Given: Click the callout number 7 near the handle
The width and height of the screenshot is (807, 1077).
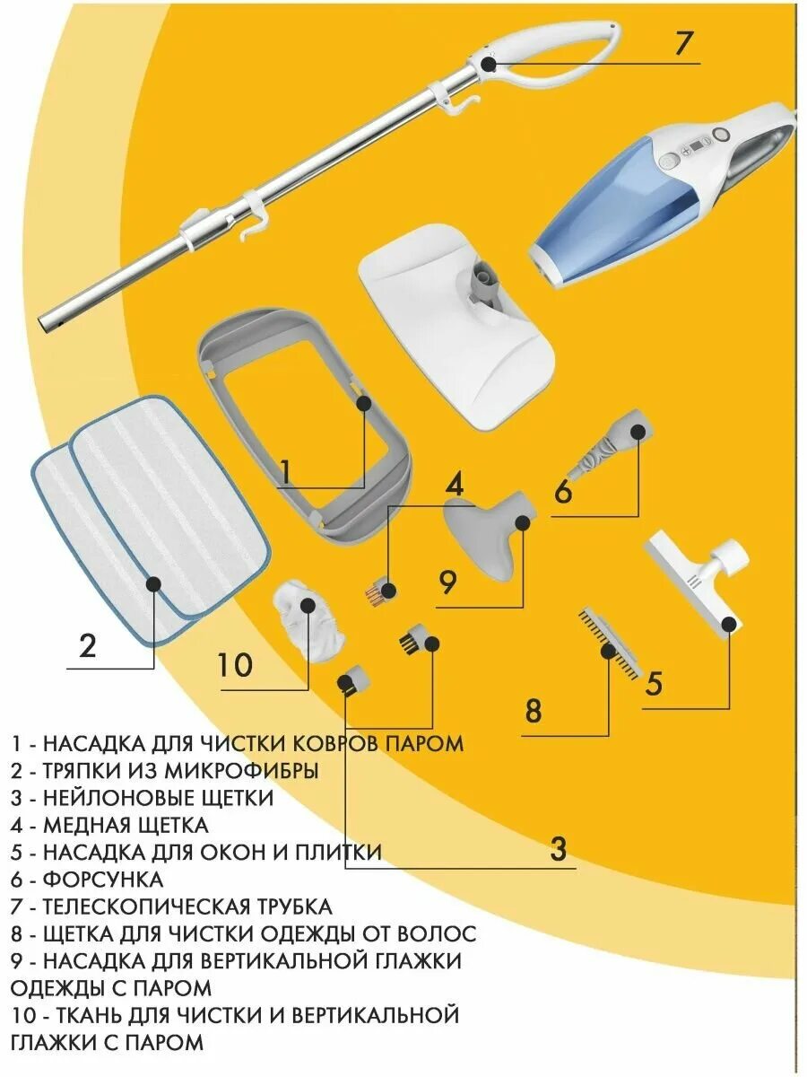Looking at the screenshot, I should tap(684, 43).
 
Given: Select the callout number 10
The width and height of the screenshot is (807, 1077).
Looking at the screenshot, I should tap(234, 665).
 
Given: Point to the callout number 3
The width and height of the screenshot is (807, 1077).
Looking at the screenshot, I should tap(558, 848).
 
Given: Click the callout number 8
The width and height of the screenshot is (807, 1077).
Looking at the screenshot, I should tap(534, 712).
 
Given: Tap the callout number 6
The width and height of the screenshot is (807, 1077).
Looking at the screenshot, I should tap(562, 491).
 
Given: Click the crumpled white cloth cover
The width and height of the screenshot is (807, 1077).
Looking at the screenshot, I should tap(309, 620).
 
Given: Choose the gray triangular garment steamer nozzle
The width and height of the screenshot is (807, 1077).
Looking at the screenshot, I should tap(489, 538).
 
